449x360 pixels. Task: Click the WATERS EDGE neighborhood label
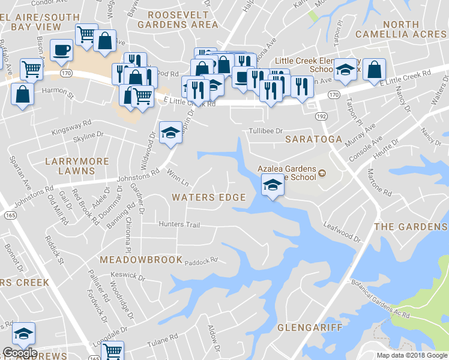click(x=208, y=197)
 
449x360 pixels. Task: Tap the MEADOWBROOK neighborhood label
click(x=141, y=260)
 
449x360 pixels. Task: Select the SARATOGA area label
click(x=318, y=139)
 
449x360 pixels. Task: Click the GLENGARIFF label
click(x=310, y=328)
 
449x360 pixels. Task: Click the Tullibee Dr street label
click(x=266, y=130)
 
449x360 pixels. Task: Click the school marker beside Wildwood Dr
click(x=170, y=132)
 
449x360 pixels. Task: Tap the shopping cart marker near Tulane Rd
click(x=113, y=351)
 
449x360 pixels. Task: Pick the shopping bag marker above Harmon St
click(x=23, y=95)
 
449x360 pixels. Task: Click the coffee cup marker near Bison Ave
click(x=61, y=50)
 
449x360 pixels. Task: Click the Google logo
click(x=19, y=353)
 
